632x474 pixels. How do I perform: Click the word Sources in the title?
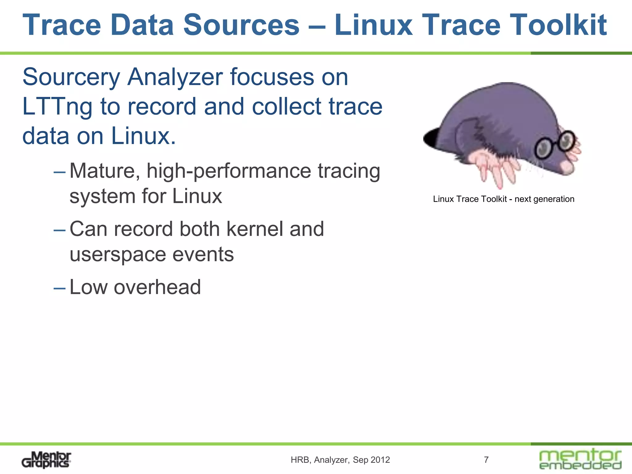pyautogui.click(x=241, y=25)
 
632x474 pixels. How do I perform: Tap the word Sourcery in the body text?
pyautogui.click(x=71, y=77)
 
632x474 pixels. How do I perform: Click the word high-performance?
pyautogui.click(x=229, y=171)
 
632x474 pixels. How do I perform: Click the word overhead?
pyautogui.click(x=157, y=287)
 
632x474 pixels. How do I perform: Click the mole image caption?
pyautogui.click(x=504, y=199)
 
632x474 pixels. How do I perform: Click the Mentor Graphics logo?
pyautogui.click(x=46, y=460)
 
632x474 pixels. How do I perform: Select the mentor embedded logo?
pyautogui.click(x=580, y=459)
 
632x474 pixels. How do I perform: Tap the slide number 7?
pyautogui.click(x=486, y=460)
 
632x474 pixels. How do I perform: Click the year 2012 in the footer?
pyautogui.click(x=380, y=460)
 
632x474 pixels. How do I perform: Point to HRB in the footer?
pyautogui.click(x=300, y=460)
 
